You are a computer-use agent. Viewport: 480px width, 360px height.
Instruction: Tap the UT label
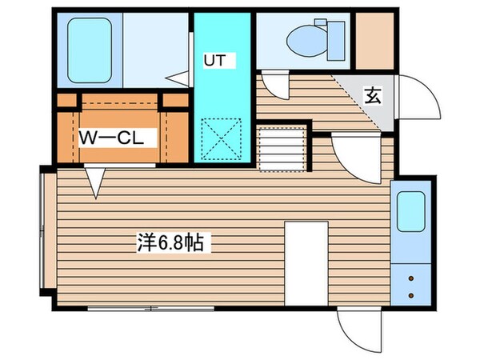tap(214, 61)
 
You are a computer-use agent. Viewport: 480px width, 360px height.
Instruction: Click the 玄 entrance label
tap(373, 95)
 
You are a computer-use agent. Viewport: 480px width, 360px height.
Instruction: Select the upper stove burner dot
tap(412, 279)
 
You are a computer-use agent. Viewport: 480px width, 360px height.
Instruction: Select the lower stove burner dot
tap(412, 295)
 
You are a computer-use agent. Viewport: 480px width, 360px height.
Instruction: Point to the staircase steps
tap(282, 149)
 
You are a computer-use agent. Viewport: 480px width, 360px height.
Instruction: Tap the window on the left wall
tap(43, 237)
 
